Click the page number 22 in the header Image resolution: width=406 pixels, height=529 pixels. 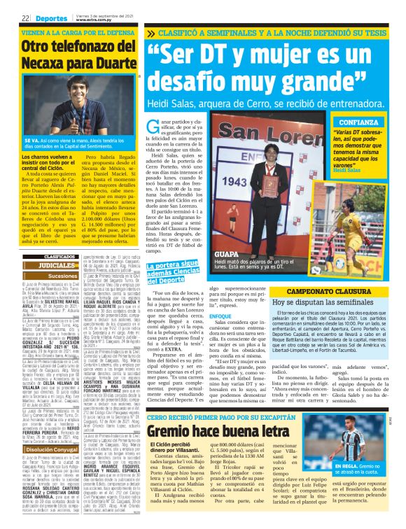(24, 18)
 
